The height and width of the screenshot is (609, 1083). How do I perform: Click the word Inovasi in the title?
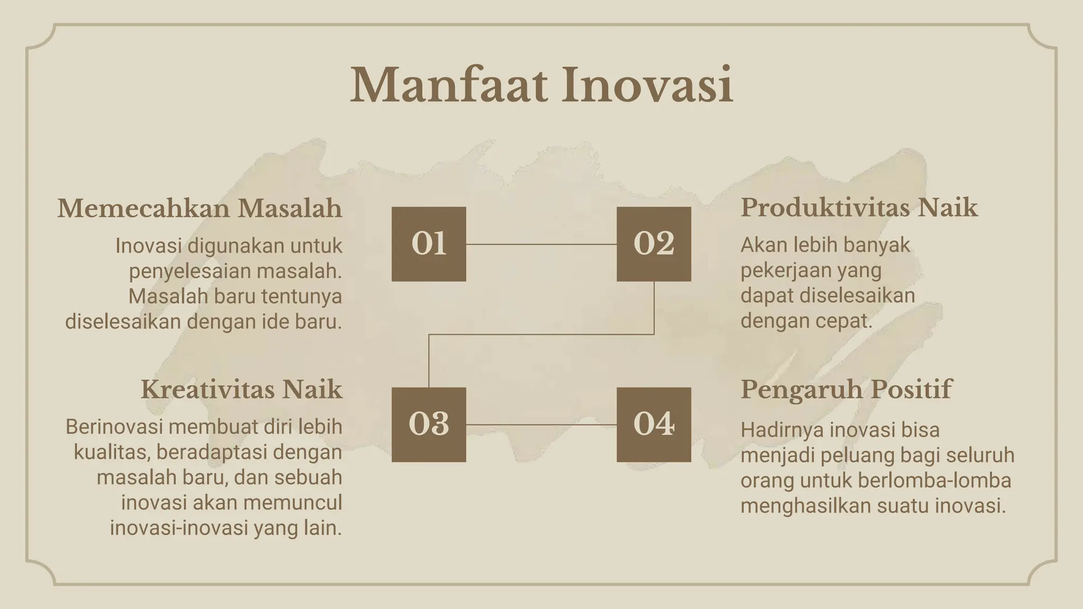pos(647,85)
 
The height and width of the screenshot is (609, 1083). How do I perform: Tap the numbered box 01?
pos(428,244)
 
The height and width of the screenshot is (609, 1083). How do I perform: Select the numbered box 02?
pos(654,244)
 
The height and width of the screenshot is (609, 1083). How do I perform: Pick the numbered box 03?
pos(428,425)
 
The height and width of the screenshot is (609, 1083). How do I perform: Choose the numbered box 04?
pos(654,425)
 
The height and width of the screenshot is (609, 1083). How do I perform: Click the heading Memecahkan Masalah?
pos(200,208)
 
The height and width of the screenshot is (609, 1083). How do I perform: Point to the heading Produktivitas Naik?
pos(859,207)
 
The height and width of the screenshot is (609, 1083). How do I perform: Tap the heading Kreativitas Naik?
pos(241,390)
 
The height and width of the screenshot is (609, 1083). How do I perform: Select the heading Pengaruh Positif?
pos(846,390)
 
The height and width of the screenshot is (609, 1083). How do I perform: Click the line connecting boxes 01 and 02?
pos(541,244)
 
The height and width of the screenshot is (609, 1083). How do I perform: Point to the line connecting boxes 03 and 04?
pos(541,425)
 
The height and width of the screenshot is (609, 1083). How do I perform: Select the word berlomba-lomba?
pos(934,481)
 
